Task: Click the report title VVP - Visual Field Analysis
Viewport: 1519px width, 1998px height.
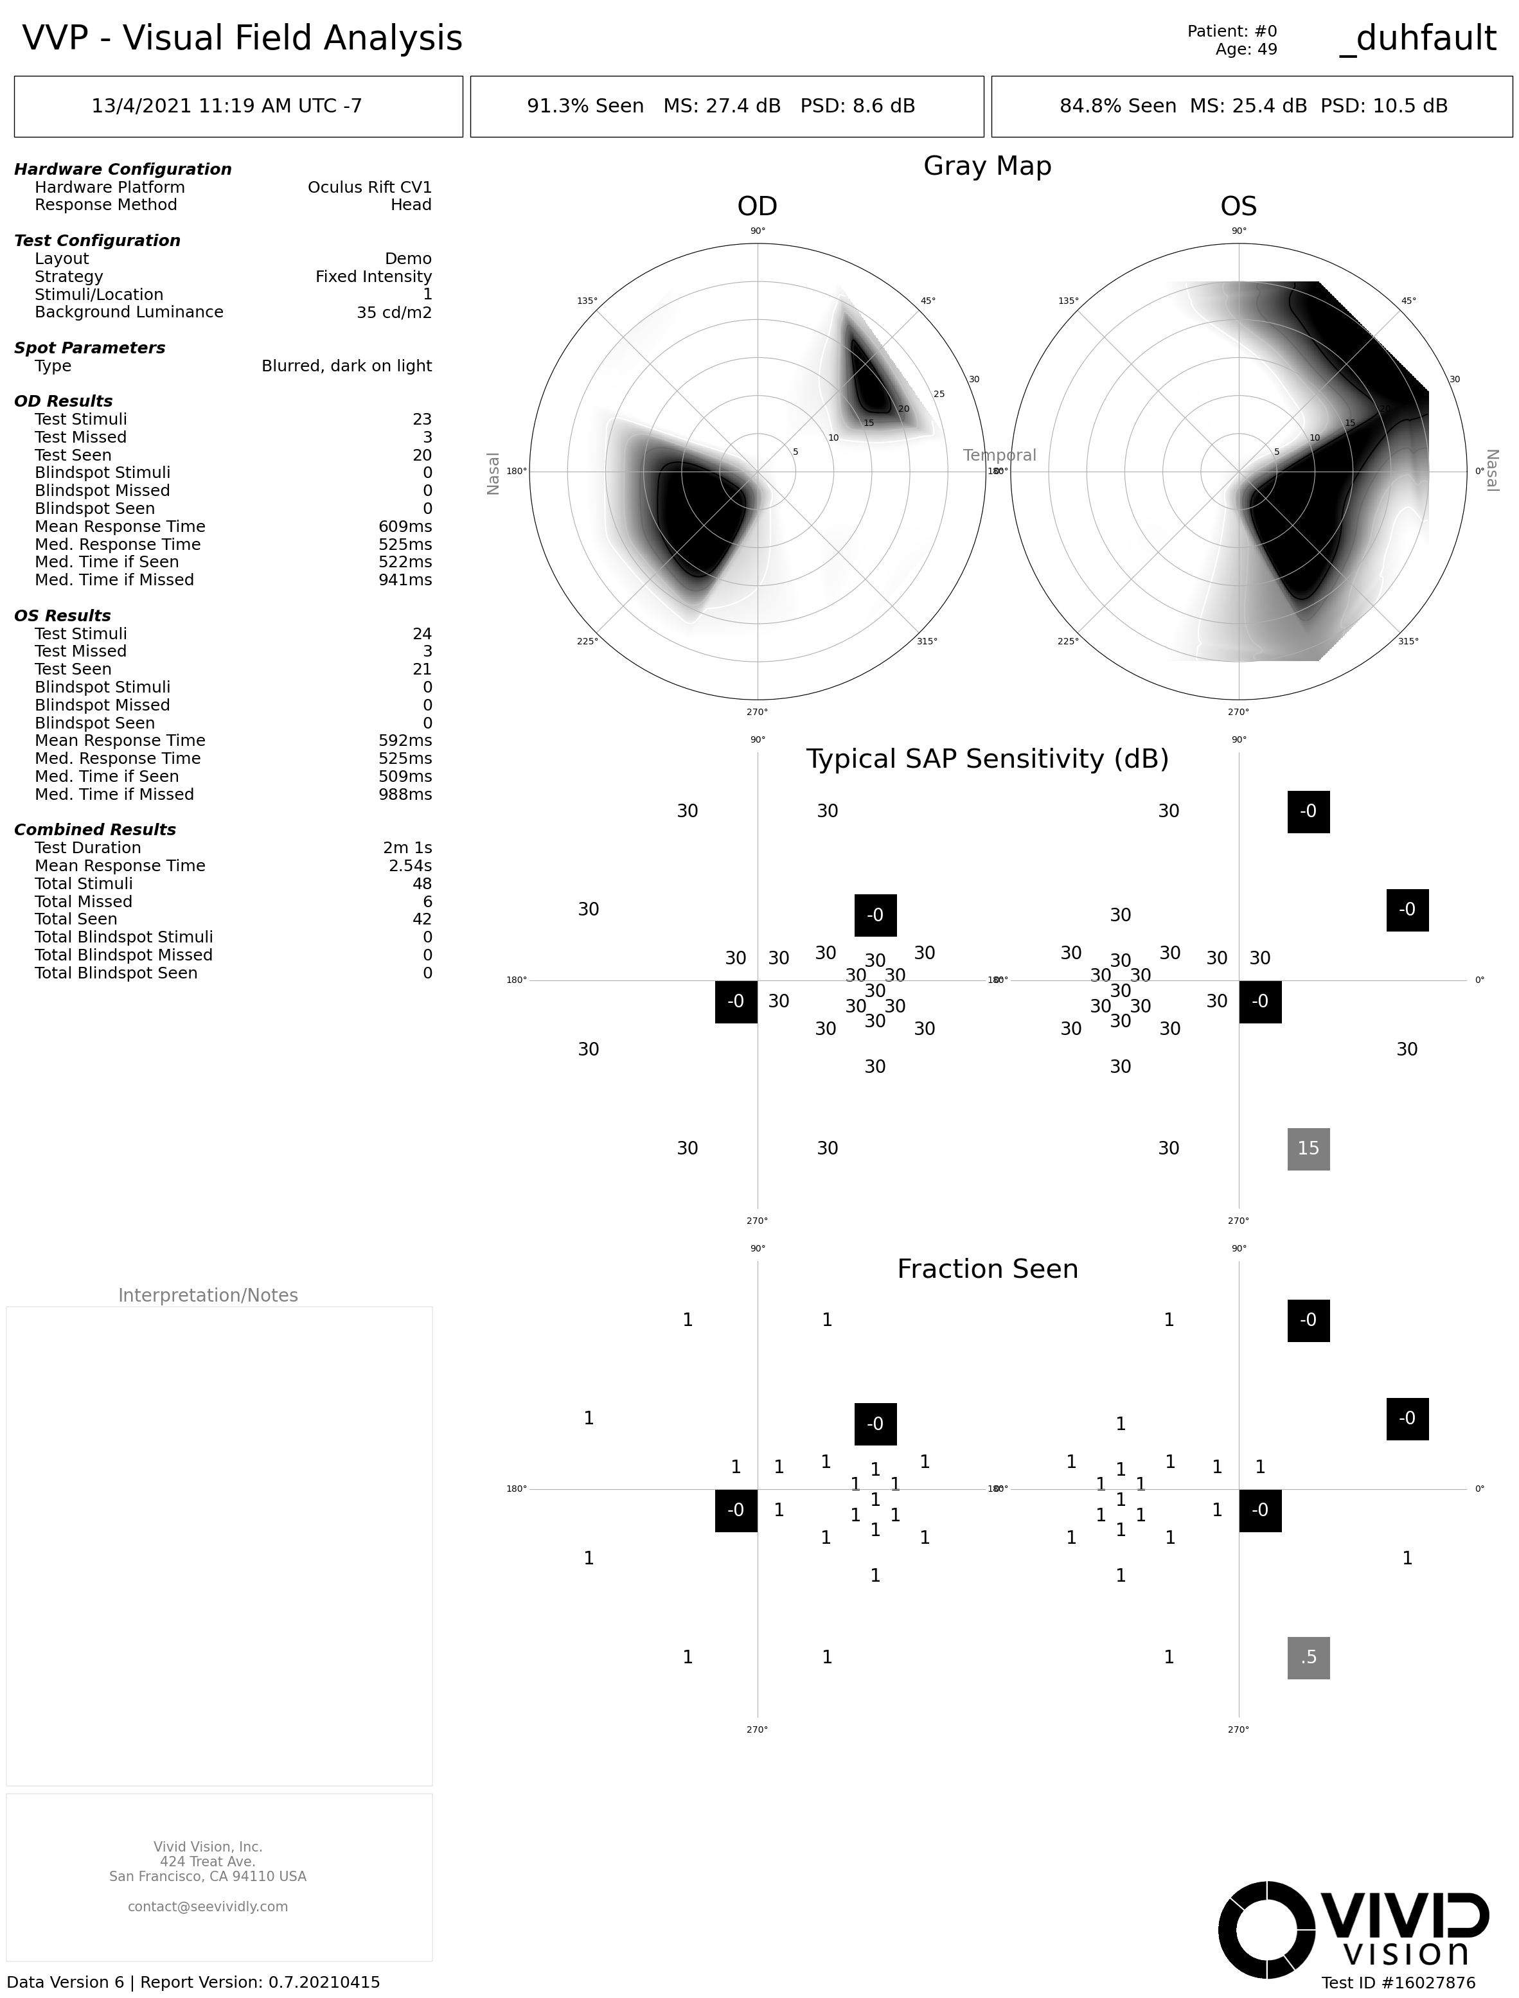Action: tap(242, 38)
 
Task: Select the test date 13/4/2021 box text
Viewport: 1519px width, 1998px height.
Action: tap(227, 106)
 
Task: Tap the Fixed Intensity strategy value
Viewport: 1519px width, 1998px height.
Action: tap(373, 277)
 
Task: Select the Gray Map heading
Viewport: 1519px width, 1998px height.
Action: tap(986, 166)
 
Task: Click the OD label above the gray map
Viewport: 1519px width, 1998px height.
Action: tap(757, 206)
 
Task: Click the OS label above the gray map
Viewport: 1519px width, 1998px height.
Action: tap(1238, 206)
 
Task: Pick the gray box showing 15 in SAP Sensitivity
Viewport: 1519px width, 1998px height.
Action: tap(1308, 1148)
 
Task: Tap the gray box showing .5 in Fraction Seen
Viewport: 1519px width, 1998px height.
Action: tap(1308, 1657)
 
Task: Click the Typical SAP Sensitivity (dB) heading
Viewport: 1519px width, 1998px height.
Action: tap(986, 759)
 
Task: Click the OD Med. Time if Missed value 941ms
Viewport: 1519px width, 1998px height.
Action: tap(405, 579)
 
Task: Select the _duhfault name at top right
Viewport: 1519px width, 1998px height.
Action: tap(1417, 38)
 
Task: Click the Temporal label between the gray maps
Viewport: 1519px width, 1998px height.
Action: tap(999, 455)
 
